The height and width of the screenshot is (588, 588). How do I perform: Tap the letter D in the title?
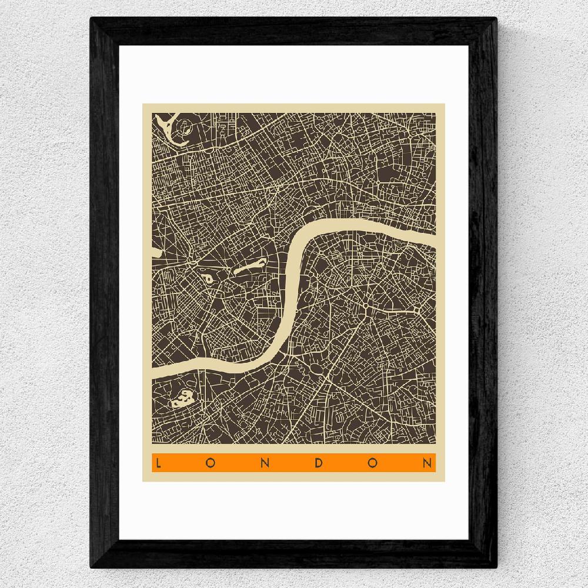tap(320, 463)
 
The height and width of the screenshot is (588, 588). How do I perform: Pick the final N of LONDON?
tap(427, 463)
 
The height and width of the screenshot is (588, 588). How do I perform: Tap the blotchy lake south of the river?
tap(182, 399)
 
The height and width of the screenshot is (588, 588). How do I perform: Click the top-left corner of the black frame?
tap(92, 19)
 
